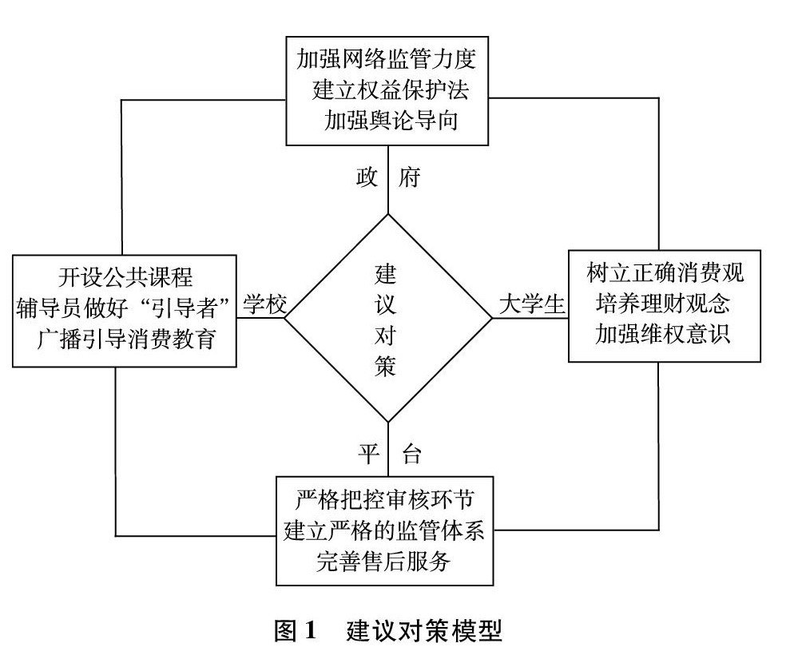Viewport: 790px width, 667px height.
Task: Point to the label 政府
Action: pyautogui.click(x=387, y=178)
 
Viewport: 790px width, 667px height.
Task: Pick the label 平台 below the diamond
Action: pyautogui.click(x=388, y=455)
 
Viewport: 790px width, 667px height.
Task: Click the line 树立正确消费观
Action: pyautogui.click(x=664, y=276)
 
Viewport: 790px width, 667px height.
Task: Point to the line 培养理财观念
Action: pyautogui.click(x=664, y=306)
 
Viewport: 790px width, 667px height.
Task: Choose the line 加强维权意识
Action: pyautogui.click(x=664, y=335)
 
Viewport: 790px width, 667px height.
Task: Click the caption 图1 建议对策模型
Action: pyautogui.click(x=388, y=633)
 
